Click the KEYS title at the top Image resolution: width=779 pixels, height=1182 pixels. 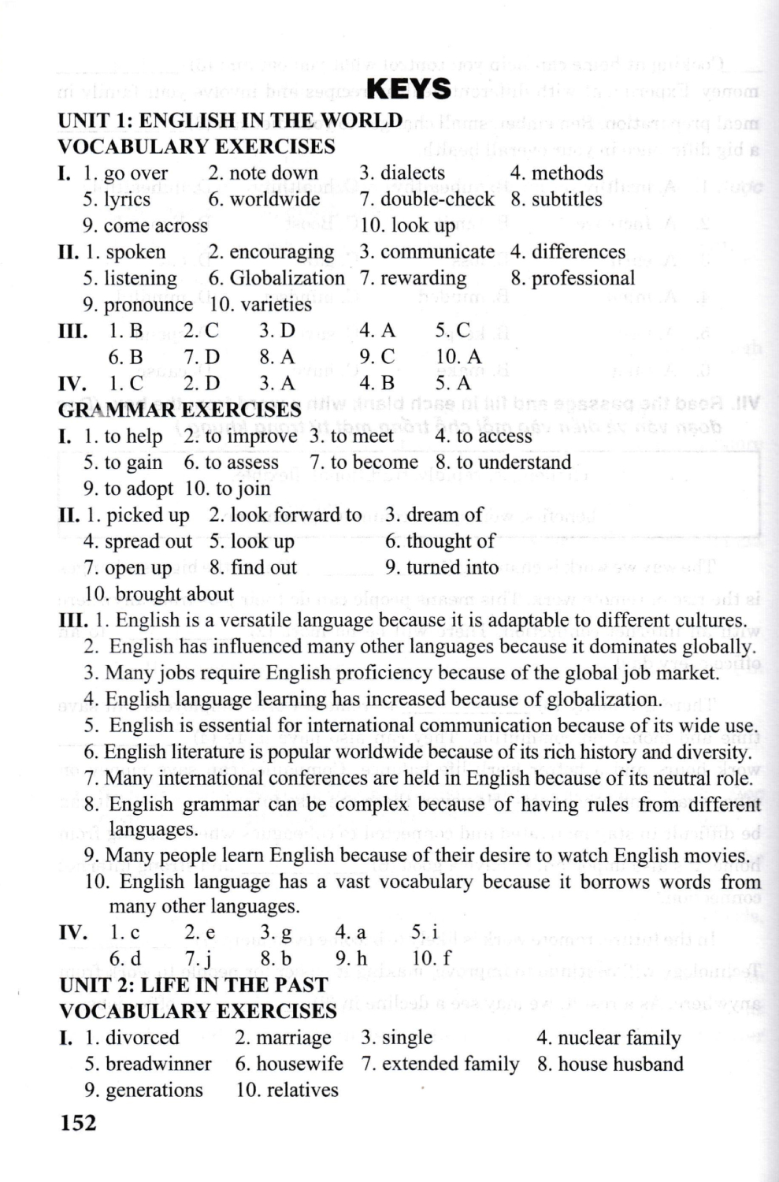pyautogui.click(x=410, y=89)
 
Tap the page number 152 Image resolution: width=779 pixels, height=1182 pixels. pyautogui.click(x=78, y=1122)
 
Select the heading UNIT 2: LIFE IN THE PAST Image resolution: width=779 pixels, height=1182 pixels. pyautogui.click(x=193, y=985)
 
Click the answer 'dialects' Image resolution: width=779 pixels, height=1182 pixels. pyautogui.click(x=412, y=173)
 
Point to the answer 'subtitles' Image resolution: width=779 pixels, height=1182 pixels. pyautogui.click(x=566, y=199)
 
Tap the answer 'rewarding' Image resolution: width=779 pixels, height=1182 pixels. pyautogui.click(x=423, y=278)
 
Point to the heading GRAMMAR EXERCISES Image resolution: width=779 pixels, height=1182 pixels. pyautogui.click(x=180, y=410)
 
